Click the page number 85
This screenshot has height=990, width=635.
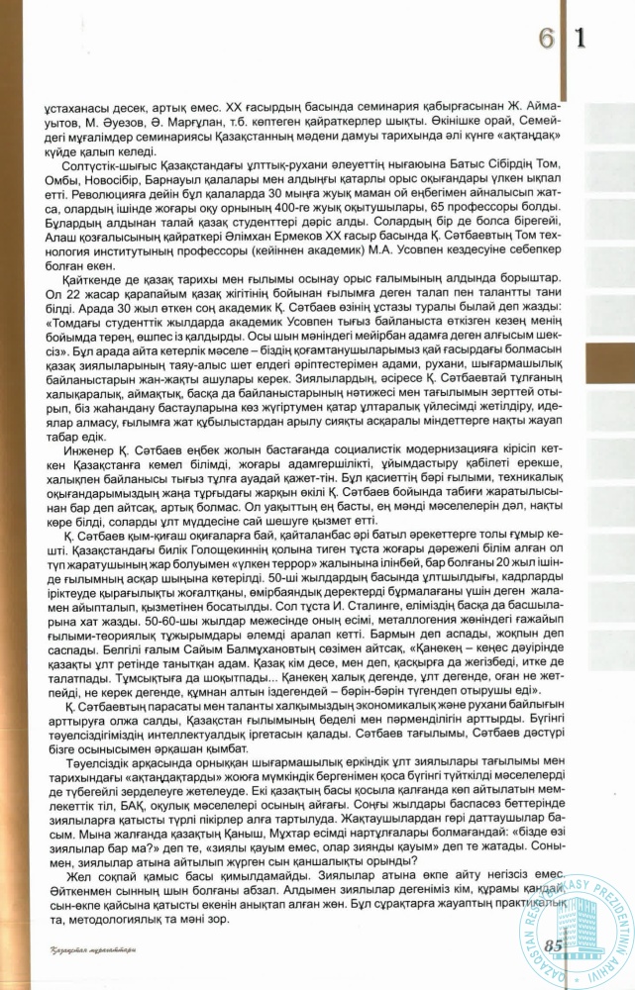[554, 944]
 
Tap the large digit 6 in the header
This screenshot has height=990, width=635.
[546, 39]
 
